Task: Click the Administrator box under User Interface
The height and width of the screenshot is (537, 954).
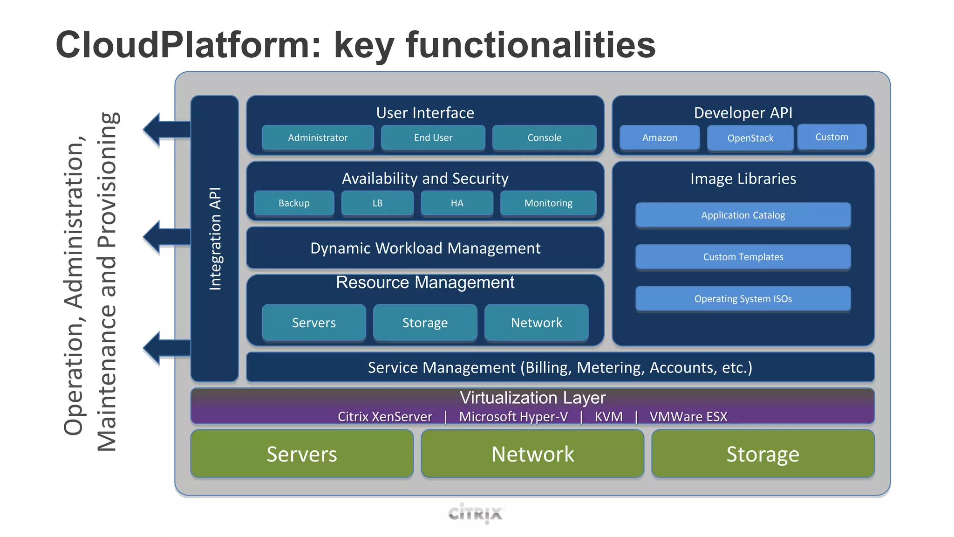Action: point(318,138)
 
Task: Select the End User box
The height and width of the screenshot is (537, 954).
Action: point(433,138)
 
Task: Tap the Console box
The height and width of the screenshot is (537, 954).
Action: point(544,138)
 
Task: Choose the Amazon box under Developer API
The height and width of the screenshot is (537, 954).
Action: point(660,138)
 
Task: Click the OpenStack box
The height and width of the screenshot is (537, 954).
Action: point(750,138)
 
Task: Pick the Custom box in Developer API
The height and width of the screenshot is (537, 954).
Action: point(831,137)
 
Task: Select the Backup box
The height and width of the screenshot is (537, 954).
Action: point(294,203)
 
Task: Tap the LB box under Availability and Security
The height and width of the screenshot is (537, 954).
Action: point(377,203)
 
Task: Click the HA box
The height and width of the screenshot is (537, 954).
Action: point(457,203)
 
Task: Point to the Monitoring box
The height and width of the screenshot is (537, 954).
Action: point(548,203)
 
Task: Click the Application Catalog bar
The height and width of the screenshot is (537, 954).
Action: point(743,215)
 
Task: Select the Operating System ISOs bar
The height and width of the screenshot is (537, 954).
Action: point(743,298)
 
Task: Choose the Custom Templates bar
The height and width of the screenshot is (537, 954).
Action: point(743,257)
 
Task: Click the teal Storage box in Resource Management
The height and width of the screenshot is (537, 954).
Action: point(425,323)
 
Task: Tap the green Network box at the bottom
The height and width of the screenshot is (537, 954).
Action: point(532,454)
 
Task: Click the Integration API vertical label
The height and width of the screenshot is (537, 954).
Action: point(215,239)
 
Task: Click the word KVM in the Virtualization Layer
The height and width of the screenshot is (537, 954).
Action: point(608,416)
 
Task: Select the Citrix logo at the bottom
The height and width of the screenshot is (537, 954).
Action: point(476,513)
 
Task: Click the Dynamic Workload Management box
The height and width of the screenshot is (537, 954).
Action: point(425,248)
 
